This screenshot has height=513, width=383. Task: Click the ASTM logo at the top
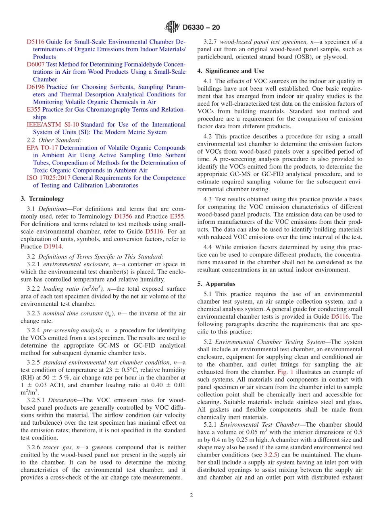click(x=172, y=27)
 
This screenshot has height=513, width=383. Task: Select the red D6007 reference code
click(x=35, y=65)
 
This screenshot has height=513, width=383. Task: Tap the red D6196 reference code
click(x=35, y=87)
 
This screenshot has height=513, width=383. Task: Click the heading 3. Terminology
click(x=42, y=198)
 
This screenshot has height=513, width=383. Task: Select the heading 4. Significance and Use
click(x=230, y=71)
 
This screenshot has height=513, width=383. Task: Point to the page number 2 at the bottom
click(x=191, y=495)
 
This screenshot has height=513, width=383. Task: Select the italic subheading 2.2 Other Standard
click(x=54, y=140)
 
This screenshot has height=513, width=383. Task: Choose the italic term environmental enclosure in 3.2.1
click(x=73, y=264)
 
